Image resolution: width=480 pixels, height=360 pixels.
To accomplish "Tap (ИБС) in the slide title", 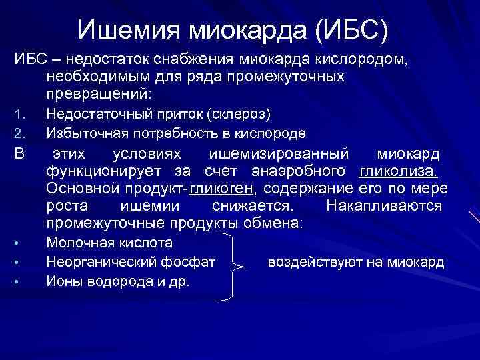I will pyautogui.click(x=351, y=29).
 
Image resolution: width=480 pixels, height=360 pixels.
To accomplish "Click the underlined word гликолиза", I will pyautogui.click(x=399, y=172).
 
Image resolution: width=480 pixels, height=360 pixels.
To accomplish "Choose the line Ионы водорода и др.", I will pyautogui.click(x=118, y=281).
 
